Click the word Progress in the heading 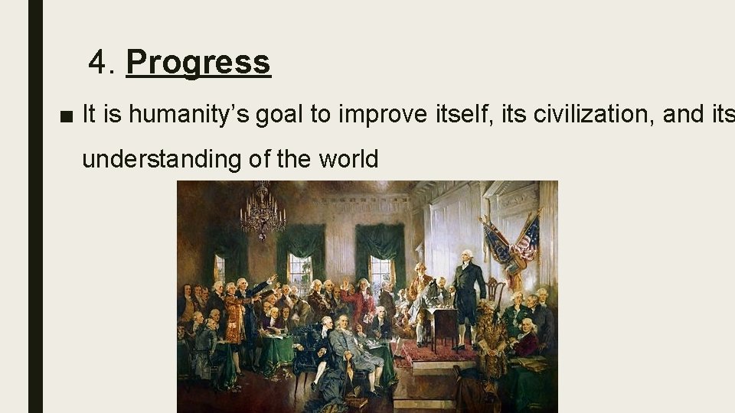coord(198,62)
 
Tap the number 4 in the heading coord(98,62)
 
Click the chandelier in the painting coord(263,210)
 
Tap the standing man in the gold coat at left coord(234,314)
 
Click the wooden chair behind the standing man coord(496,294)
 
